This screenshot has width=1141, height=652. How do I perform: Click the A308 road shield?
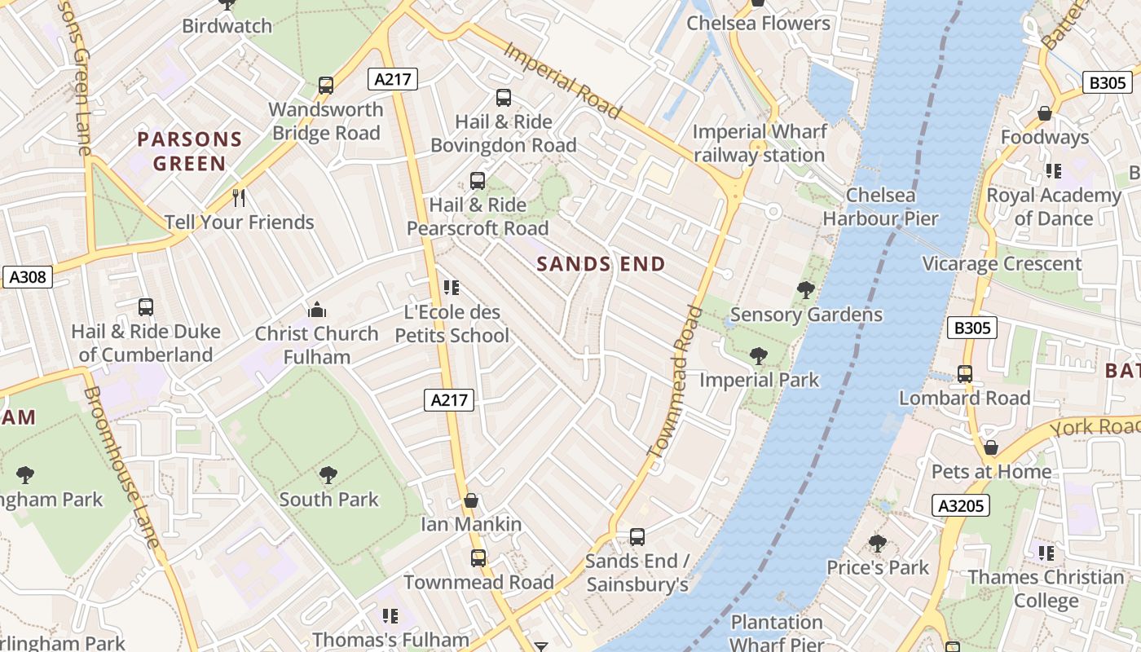[x=27, y=277]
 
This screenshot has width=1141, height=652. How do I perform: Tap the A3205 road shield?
[x=961, y=505]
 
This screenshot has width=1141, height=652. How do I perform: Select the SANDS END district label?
[x=601, y=264]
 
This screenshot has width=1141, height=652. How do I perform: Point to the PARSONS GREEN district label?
[x=190, y=151]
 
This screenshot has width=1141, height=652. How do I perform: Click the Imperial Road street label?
[x=562, y=80]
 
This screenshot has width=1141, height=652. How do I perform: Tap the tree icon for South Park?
[x=328, y=474]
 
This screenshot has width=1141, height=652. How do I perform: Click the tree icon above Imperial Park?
[x=758, y=356]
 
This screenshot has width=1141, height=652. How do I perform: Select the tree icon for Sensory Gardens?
[x=805, y=290]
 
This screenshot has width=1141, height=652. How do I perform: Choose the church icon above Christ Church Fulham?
[x=317, y=310]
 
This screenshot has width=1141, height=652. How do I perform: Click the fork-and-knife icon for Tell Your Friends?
[x=239, y=197]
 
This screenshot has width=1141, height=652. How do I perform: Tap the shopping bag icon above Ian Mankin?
[x=470, y=500]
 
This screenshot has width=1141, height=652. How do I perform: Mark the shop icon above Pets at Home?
[x=991, y=447]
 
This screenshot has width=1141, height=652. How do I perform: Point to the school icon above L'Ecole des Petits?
[x=451, y=288]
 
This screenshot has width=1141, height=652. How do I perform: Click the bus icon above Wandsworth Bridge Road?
[x=326, y=85]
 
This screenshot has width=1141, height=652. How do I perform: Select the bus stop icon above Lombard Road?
[x=965, y=374]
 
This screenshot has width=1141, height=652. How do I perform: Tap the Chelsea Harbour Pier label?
[x=880, y=207]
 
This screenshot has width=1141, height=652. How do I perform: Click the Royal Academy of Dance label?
[x=1054, y=207]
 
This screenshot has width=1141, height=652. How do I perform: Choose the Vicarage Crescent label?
[x=1002, y=264]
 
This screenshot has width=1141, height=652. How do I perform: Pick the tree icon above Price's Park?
[x=878, y=544]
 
